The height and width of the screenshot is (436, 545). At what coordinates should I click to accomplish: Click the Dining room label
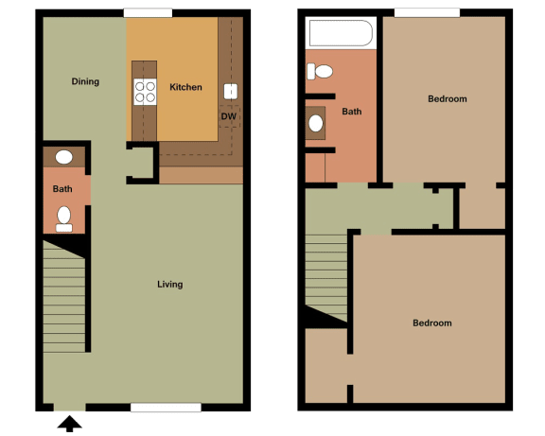click(85, 81)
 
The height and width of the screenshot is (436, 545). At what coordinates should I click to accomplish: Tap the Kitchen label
click(185, 87)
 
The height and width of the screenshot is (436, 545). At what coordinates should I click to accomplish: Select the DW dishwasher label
click(228, 116)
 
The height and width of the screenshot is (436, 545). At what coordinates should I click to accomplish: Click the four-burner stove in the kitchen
click(145, 92)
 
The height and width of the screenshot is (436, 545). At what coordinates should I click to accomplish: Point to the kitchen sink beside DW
click(230, 92)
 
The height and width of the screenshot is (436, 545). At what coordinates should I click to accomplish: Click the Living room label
click(169, 284)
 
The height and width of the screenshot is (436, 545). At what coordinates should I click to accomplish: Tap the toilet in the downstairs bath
click(64, 219)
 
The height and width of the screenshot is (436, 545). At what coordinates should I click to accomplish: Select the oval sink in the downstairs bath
click(64, 157)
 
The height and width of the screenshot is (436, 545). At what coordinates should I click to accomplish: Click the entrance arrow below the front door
click(68, 423)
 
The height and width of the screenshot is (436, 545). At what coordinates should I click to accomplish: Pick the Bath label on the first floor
click(62, 188)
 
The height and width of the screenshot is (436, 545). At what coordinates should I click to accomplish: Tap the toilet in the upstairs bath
click(322, 71)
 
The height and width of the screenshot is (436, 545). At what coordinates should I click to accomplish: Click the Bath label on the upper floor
click(352, 112)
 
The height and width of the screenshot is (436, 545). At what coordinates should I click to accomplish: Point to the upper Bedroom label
click(447, 98)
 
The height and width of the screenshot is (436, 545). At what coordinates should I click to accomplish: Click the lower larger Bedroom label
click(431, 323)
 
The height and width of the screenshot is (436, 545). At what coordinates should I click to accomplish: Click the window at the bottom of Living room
click(166, 408)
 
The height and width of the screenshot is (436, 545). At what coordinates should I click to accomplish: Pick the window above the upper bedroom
click(427, 12)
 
